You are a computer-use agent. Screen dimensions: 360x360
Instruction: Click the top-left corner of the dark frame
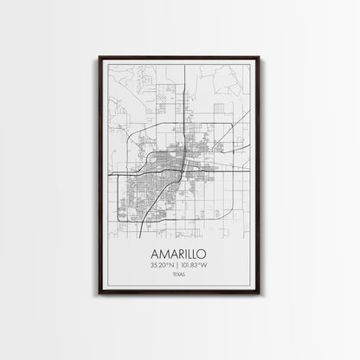tap(100, 57)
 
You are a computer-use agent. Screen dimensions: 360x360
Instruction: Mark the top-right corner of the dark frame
tap(262, 57)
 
